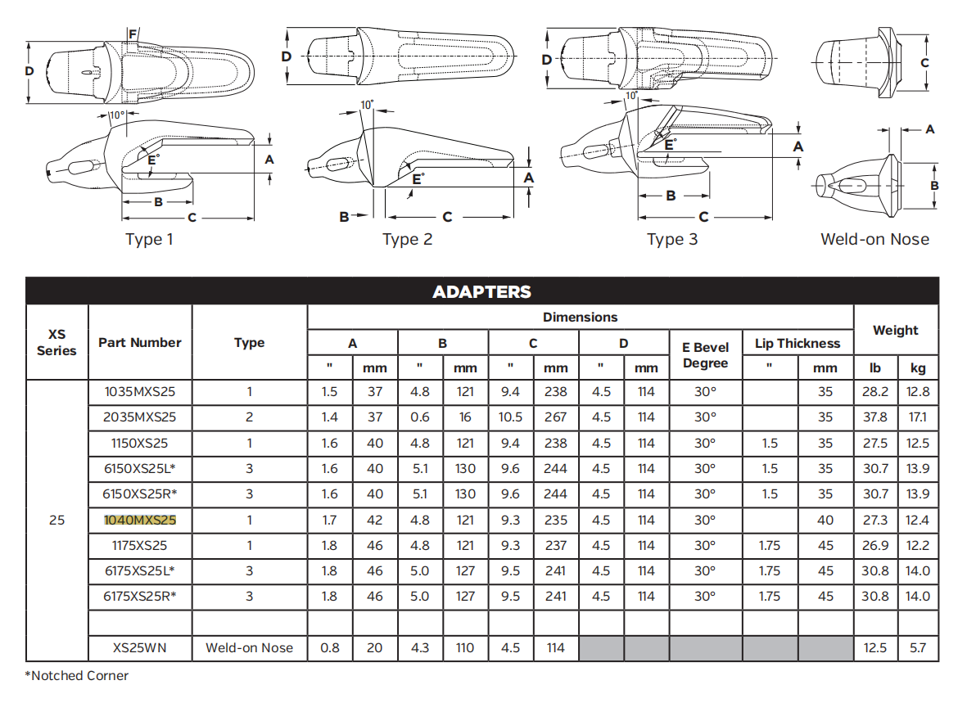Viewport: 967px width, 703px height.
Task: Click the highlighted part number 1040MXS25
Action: click(140, 520)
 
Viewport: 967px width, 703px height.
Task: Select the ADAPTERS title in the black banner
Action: click(481, 292)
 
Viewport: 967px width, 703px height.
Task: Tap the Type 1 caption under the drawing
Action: click(149, 240)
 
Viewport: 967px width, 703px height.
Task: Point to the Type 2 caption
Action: click(407, 240)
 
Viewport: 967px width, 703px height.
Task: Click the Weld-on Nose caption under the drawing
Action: click(874, 240)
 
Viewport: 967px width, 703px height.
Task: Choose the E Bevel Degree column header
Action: click(705, 355)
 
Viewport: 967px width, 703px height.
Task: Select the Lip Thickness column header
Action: click(798, 344)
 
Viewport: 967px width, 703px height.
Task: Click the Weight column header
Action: click(895, 331)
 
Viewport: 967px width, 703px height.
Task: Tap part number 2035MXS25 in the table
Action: click(140, 417)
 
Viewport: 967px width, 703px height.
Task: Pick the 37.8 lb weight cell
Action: click(874, 417)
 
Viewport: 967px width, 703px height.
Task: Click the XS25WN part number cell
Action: click(140, 647)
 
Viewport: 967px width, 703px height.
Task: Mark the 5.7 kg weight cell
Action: click(918, 647)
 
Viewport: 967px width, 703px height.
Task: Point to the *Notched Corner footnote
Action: click(77, 675)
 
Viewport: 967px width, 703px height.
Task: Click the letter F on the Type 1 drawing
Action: click(133, 34)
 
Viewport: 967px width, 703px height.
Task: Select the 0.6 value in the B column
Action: click(419, 417)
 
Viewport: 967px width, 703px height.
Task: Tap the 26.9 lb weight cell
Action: click(874, 545)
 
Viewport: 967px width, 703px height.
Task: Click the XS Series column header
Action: click(56, 342)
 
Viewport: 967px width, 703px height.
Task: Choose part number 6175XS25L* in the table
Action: click(140, 570)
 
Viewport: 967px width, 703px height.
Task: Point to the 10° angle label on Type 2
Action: click(367, 105)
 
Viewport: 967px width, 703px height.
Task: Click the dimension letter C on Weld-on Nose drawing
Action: click(924, 63)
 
